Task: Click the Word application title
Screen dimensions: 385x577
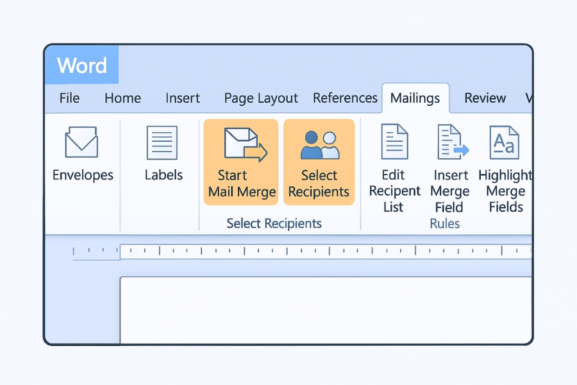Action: click(81, 65)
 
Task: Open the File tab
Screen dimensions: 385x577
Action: click(69, 98)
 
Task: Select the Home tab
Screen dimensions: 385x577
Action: click(122, 98)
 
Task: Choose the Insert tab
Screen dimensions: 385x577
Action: click(183, 98)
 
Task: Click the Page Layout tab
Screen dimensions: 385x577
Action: click(261, 98)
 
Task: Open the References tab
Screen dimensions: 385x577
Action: click(345, 98)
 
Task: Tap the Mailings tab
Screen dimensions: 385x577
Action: click(415, 98)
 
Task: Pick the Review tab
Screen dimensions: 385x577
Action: click(485, 98)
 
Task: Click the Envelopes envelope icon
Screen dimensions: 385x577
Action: click(81, 142)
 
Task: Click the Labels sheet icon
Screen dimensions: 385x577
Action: click(162, 142)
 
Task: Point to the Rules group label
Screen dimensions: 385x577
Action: click(445, 224)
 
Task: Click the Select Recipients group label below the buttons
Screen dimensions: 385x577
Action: click(274, 224)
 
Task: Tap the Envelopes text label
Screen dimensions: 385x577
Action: click(83, 175)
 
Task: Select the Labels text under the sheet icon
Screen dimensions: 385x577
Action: click(163, 175)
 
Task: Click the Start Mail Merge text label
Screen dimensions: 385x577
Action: click(242, 184)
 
